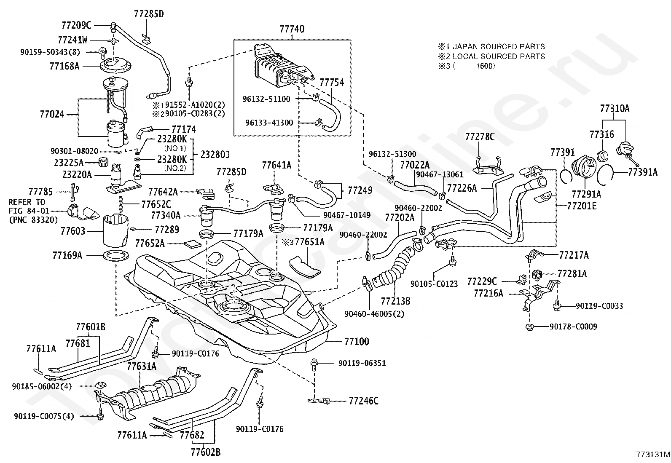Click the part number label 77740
pyautogui.click(x=292, y=29)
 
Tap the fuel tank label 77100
pyautogui.click(x=357, y=341)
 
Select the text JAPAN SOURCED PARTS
pyautogui.click(x=499, y=47)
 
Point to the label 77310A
pyautogui.click(x=615, y=108)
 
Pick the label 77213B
pyautogui.click(x=395, y=301)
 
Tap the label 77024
pyautogui.click(x=52, y=114)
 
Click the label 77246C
pyautogui.click(x=364, y=401)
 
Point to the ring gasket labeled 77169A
pyautogui.click(x=116, y=256)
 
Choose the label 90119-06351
pyautogui.click(x=362, y=363)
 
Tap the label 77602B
pyautogui.click(x=206, y=452)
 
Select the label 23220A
pyautogui.click(x=77, y=174)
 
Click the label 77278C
pyautogui.click(x=480, y=136)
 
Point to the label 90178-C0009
pyautogui.click(x=573, y=327)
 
